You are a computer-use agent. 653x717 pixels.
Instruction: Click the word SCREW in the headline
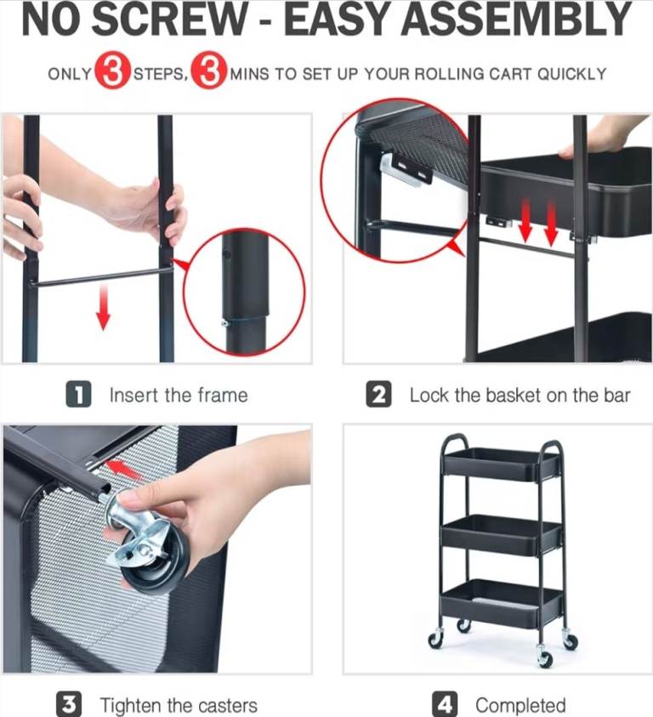(x=169, y=20)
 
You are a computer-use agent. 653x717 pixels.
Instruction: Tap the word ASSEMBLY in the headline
(x=517, y=20)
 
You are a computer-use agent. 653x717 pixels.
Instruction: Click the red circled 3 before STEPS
(x=111, y=71)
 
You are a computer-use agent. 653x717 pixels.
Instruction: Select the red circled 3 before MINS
(x=209, y=71)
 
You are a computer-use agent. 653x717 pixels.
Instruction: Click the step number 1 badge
(x=79, y=394)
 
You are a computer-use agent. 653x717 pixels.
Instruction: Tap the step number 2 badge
(x=378, y=394)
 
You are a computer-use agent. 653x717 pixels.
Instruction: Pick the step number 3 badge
(x=69, y=704)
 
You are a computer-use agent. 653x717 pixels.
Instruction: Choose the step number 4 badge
(x=445, y=704)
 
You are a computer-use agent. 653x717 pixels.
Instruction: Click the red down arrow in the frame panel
(x=104, y=307)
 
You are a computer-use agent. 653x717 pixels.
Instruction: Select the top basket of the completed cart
(x=502, y=464)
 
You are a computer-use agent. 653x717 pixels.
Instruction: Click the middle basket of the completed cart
(x=502, y=534)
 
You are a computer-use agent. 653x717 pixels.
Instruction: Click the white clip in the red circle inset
(x=406, y=169)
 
